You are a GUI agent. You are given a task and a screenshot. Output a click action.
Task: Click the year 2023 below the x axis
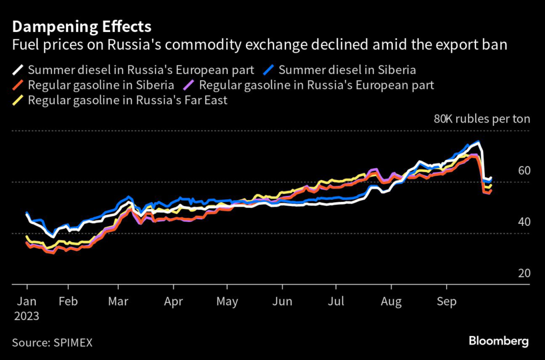click(x=27, y=315)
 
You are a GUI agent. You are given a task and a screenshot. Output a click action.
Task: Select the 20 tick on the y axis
click(x=524, y=273)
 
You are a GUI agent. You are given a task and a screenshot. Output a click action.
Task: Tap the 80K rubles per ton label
click(x=482, y=119)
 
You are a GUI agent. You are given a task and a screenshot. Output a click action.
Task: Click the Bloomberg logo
click(x=498, y=341)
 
